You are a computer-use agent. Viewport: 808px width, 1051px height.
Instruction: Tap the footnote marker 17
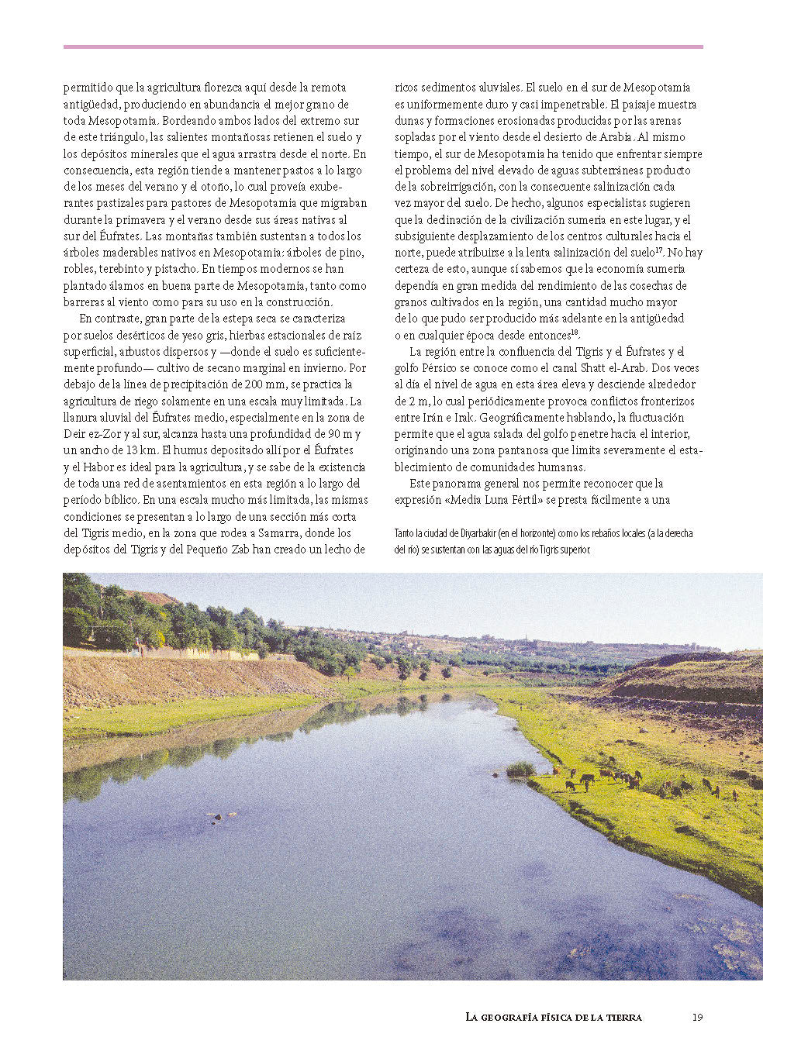[x=658, y=250]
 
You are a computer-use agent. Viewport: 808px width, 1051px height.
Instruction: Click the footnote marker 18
[x=575, y=333]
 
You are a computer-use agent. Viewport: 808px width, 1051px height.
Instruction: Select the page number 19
[x=697, y=1017]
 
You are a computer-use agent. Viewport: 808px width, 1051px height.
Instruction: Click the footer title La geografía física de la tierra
[x=554, y=1017]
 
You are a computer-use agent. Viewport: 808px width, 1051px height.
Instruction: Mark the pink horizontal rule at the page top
[x=383, y=47]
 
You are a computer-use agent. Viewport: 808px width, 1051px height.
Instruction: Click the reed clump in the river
[x=520, y=769]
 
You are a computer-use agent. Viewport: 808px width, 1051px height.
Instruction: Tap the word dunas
[x=408, y=121]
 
